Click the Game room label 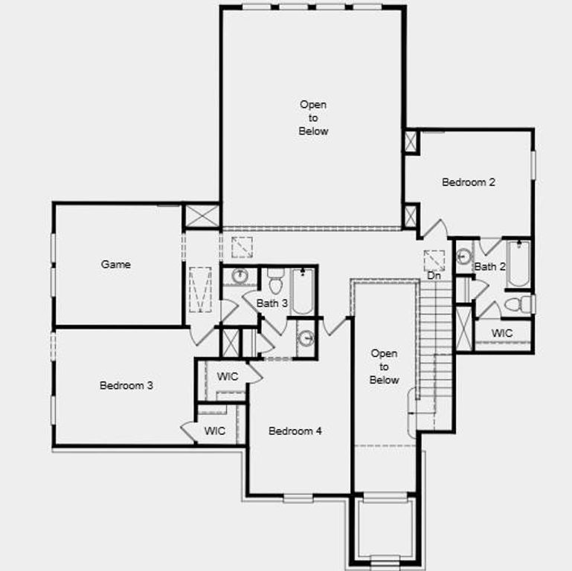coord(116,264)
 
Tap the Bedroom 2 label coord(469,181)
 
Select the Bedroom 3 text coord(126,385)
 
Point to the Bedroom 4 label coord(295,430)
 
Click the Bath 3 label coord(272,303)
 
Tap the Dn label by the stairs coord(434,276)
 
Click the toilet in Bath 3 coord(275,282)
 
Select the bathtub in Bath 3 coord(303,291)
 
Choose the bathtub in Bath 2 coord(518,263)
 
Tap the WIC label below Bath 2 coord(502,333)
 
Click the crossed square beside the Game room coord(202,216)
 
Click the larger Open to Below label coord(313,117)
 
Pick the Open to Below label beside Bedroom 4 coord(385,367)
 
